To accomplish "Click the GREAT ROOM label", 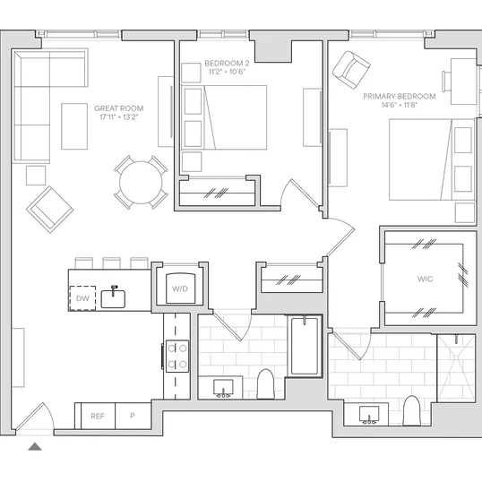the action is pyautogui.click(x=118, y=108).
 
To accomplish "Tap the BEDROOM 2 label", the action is pyautogui.click(x=227, y=64).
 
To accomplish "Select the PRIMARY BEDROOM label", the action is pyautogui.click(x=400, y=96).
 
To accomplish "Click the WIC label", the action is pyautogui.click(x=426, y=279).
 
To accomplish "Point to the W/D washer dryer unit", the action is pyautogui.click(x=180, y=288).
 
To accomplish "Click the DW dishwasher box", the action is pyautogui.click(x=82, y=297).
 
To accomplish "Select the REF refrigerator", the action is pyautogui.click(x=98, y=416).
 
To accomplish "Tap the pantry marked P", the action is pyautogui.click(x=133, y=416).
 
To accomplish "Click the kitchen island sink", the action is pyautogui.click(x=113, y=298).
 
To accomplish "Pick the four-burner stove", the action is pyautogui.click(x=177, y=357).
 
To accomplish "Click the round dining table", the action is pyautogui.click(x=141, y=182).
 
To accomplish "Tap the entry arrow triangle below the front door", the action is pyautogui.click(x=35, y=446).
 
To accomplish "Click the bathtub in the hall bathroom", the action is pyautogui.click(x=305, y=346).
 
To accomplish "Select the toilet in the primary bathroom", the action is pyautogui.click(x=411, y=410).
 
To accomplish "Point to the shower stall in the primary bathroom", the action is pyautogui.click(x=456, y=368).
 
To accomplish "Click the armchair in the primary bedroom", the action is pyautogui.click(x=351, y=70).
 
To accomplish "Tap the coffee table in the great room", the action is pyautogui.click(x=74, y=126).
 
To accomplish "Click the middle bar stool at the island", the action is pyautogui.click(x=112, y=263).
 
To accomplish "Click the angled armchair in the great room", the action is pyautogui.click(x=50, y=210).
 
